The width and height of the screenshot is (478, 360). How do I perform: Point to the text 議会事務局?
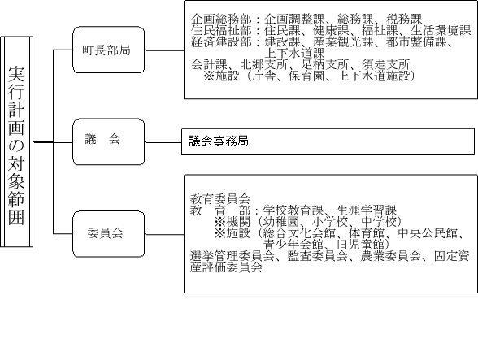pos(219,141)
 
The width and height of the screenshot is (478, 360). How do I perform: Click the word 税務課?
pos(404,19)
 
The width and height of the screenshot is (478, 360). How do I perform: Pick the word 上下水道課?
pos(294,53)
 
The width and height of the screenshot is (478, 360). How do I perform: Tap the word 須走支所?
pos(386,64)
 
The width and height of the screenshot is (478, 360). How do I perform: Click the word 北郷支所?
pos(264,64)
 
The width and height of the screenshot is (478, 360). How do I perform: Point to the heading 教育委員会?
pos(220,199)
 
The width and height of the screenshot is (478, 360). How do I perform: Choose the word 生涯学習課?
pos(367,210)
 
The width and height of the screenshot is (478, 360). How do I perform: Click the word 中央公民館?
pos(428,233)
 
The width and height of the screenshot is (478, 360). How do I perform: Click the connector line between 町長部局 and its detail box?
pos(164,50)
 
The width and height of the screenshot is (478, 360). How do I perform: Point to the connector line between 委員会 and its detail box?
pos(164,234)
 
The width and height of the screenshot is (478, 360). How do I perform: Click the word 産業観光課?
pos(343,41)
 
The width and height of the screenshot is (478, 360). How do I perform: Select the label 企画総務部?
pos(221,19)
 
